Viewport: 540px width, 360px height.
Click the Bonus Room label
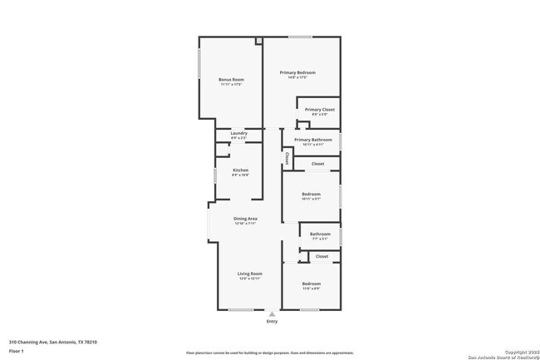[231, 79]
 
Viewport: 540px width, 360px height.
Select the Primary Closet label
[319, 110]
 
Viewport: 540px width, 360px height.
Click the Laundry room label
[238, 133]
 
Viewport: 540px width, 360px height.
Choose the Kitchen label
[239, 170]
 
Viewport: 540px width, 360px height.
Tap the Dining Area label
[245, 219]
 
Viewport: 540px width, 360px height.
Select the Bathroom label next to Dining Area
[320, 234]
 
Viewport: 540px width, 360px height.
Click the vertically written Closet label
[287, 156]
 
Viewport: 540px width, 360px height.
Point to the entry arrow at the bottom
[272, 313]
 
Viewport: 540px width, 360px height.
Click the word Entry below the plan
[272, 321]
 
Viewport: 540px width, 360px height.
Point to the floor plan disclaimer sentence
[269, 353]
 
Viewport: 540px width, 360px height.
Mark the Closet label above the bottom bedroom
[322, 256]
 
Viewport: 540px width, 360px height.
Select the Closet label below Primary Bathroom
[317, 164]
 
